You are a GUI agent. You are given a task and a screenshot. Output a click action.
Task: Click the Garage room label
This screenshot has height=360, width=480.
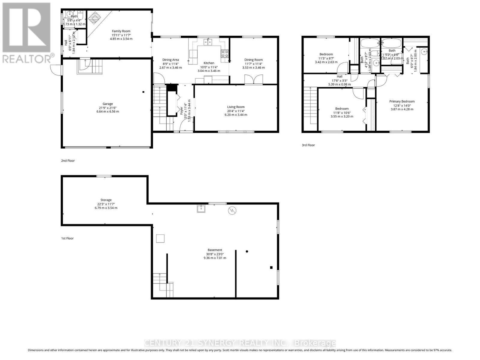pyautogui.click(x=107, y=104)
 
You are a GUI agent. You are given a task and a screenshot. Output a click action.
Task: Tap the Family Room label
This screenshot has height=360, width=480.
pyautogui.click(x=121, y=31)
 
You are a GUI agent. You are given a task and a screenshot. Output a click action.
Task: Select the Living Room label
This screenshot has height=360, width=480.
pyautogui.click(x=236, y=107)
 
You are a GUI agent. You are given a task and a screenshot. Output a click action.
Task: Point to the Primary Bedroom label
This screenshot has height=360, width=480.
pyautogui.click(x=402, y=101)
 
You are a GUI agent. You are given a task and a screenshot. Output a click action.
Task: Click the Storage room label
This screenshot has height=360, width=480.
pyautogui.click(x=106, y=200)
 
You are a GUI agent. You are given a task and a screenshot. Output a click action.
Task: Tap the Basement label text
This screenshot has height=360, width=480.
pyautogui.click(x=215, y=250)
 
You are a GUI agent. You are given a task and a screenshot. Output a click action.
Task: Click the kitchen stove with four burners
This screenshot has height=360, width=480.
pyautogui.click(x=225, y=54)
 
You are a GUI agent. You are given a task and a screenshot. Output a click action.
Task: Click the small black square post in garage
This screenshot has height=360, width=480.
pyautogui.click(x=143, y=92)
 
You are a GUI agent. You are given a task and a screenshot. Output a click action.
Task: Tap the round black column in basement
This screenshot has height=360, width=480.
pyautogui.click(x=247, y=251)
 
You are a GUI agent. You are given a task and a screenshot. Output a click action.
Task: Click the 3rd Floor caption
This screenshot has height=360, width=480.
pyautogui.click(x=308, y=145)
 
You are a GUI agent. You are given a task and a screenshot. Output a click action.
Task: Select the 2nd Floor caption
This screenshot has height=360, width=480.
pyautogui.click(x=68, y=161)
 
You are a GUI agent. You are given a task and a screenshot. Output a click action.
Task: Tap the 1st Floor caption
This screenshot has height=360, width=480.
pyautogui.click(x=67, y=238)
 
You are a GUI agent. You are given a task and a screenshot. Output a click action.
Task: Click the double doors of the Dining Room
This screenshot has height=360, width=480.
pyautogui.click(x=253, y=80)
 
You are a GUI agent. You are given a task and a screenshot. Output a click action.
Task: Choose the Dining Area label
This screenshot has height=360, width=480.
pyautogui.click(x=171, y=60)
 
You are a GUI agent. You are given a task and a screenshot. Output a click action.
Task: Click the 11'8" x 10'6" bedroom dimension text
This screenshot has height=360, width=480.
pyautogui.click(x=342, y=112)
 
